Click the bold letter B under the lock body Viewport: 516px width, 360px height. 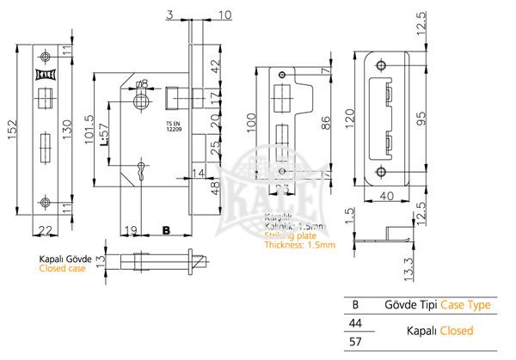pos(167,229)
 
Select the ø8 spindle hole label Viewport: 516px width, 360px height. pos(142,83)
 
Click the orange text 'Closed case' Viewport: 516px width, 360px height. pos(61,268)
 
